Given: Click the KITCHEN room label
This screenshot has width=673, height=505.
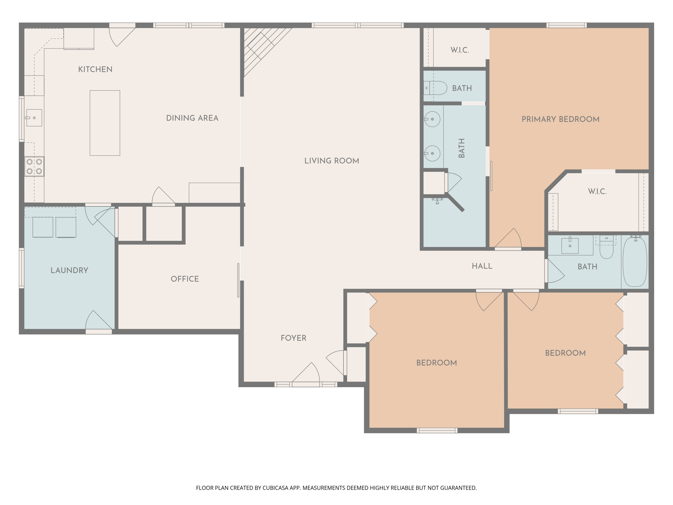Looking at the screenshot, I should [x=95, y=69].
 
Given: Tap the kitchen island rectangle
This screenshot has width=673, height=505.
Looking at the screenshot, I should [x=105, y=123].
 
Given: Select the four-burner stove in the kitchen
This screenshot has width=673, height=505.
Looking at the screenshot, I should [x=34, y=167].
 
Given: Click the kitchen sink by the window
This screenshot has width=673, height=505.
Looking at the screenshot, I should [x=34, y=118].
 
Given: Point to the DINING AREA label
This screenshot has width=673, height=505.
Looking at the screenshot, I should [x=192, y=118].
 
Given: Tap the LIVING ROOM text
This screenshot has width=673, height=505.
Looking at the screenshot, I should [x=332, y=161].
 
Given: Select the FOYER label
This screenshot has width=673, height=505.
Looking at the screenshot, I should [x=293, y=338].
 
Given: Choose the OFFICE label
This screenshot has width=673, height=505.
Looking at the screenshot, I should [x=185, y=279].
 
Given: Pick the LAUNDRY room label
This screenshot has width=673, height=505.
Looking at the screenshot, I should [x=69, y=270].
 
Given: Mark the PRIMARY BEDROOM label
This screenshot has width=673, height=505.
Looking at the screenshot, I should [x=560, y=119].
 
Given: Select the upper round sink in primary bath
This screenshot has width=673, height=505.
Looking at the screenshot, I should [x=432, y=119].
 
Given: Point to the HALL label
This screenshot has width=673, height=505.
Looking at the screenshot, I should [x=482, y=266].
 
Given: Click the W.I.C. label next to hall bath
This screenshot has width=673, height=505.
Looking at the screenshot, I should [x=597, y=191].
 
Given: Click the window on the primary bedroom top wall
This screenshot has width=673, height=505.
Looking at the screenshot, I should [x=566, y=25].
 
